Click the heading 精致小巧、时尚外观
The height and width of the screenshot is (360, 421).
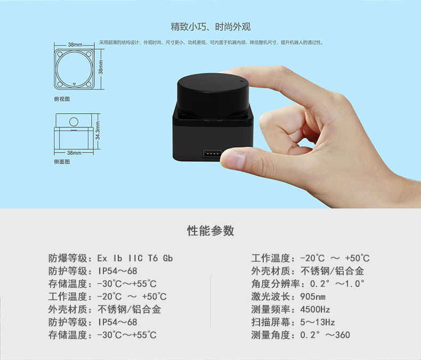(x=210, y=27)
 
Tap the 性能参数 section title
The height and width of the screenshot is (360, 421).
(x=210, y=231)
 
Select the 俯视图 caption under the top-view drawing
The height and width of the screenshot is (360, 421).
(x=62, y=99)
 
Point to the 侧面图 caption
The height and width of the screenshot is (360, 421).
(x=62, y=162)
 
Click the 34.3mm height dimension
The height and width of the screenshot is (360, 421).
(x=98, y=131)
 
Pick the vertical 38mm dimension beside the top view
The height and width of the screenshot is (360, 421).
(x=101, y=67)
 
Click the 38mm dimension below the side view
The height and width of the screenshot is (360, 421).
(x=74, y=153)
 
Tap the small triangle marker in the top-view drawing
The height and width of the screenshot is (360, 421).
(x=75, y=84)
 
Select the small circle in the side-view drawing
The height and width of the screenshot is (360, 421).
(x=74, y=122)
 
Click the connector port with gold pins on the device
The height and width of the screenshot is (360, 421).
(x=212, y=154)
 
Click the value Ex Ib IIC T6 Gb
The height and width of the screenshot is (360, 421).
(x=135, y=259)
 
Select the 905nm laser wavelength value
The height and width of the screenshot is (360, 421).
(x=312, y=297)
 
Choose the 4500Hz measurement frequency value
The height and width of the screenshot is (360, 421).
(x=315, y=309)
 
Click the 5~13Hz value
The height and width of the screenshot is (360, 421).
(x=318, y=322)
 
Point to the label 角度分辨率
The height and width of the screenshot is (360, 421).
(x=276, y=284)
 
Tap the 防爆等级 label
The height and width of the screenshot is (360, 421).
(x=68, y=259)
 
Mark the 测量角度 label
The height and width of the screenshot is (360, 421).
(x=271, y=335)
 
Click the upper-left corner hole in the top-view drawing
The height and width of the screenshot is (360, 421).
(x=60, y=53)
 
